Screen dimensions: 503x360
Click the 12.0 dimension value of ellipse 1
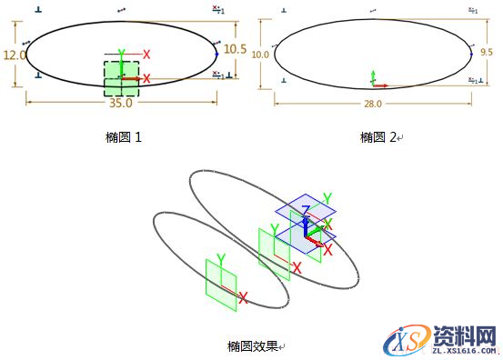[x=14, y=55]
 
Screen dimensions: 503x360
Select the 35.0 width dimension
[x=119, y=103]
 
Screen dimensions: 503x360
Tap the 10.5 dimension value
[x=236, y=49]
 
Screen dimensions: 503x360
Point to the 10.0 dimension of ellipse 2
[x=261, y=55]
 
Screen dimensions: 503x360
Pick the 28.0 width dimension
[x=372, y=104]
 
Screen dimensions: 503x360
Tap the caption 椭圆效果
[x=253, y=345]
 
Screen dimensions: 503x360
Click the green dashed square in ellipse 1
[x=122, y=78]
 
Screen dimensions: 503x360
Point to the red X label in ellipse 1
[x=146, y=55]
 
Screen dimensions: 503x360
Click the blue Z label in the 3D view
[x=305, y=210]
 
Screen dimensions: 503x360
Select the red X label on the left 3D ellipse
[x=243, y=296]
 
